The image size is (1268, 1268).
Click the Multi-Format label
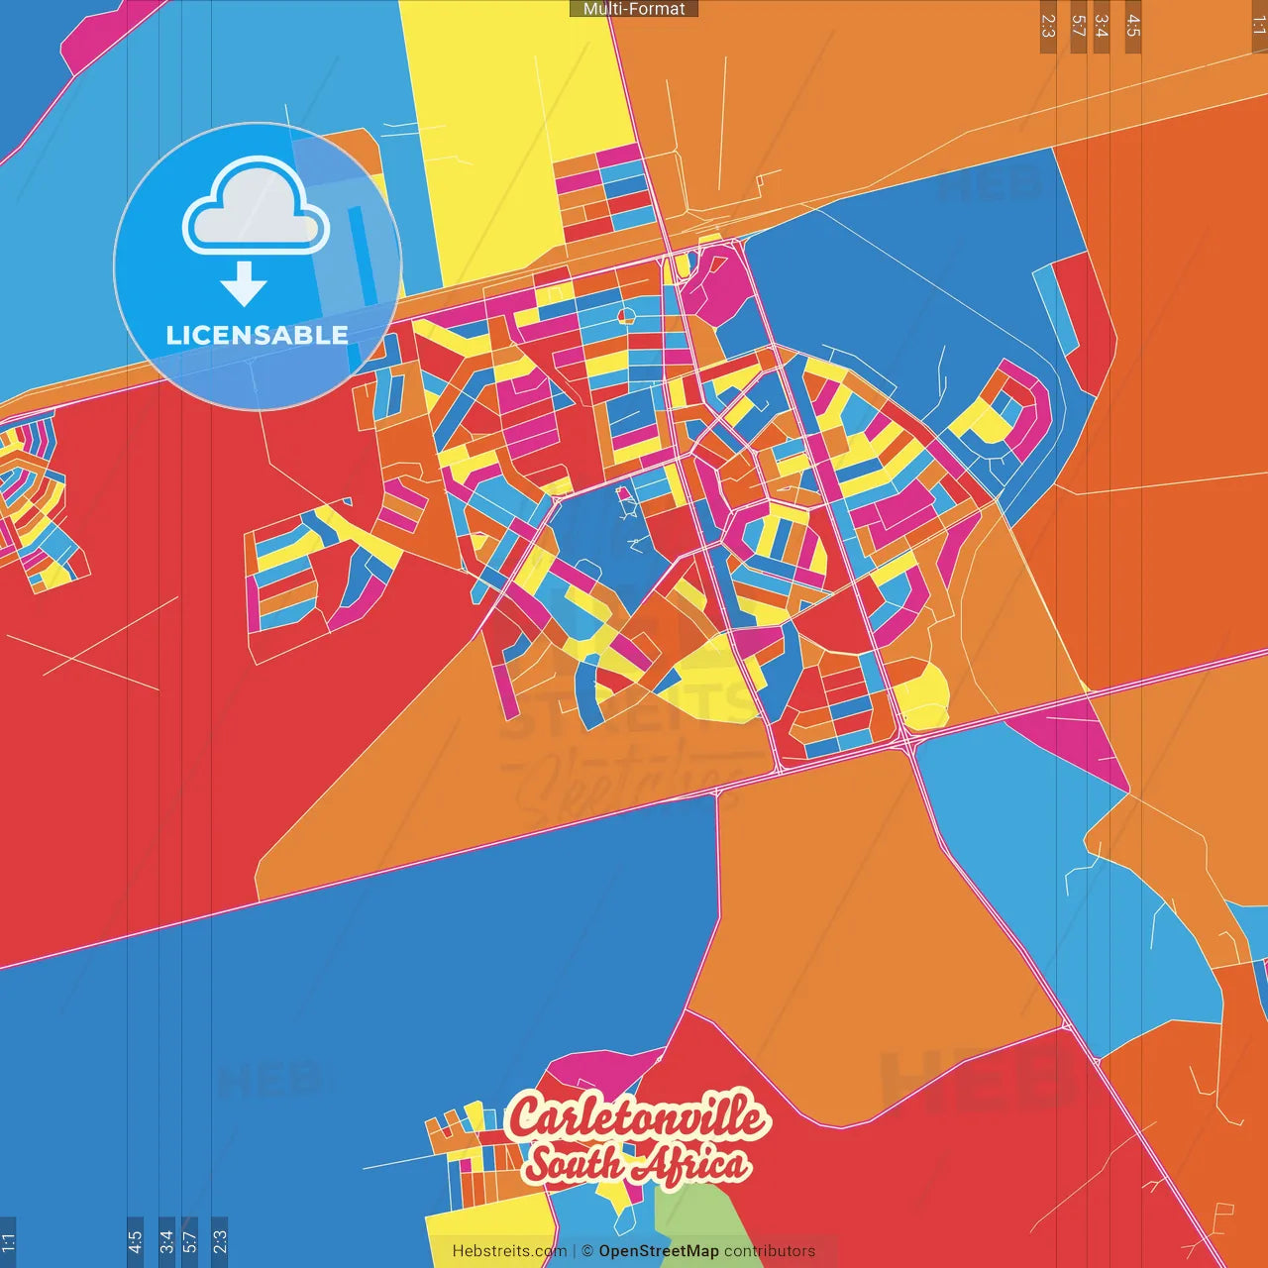[634, 9]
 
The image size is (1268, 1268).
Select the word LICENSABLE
[257, 335]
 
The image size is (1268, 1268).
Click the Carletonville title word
[637, 1117]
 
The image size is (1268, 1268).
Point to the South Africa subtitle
[637, 1164]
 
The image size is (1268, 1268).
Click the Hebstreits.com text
[509, 1251]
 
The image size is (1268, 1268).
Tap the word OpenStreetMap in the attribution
[659, 1251]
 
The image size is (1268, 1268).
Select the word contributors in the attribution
[770, 1251]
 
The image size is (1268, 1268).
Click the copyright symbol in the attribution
[587, 1251]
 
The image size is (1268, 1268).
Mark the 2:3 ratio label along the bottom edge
[220, 1240]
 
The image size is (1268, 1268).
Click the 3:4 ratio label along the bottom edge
[166, 1240]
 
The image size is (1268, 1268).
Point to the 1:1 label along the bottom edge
[8, 1240]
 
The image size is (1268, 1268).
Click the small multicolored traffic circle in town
[626, 316]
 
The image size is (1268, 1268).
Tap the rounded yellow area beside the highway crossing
[923, 693]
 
